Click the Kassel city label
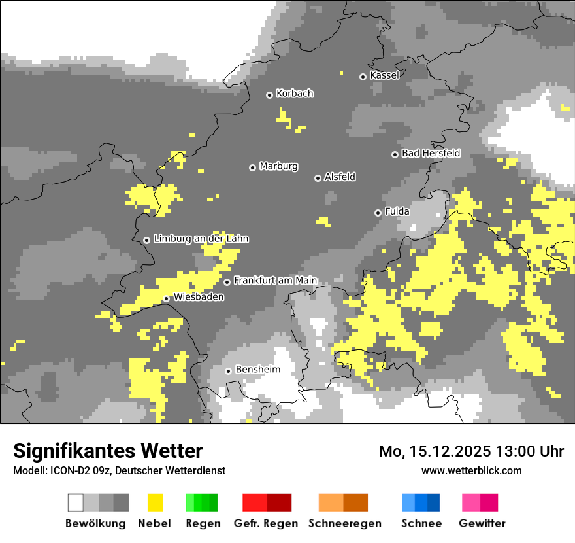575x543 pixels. [x=384, y=75]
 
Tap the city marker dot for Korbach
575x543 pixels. [x=269, y=95]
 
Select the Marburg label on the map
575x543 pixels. [x=278, y=166]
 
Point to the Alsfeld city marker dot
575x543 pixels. [x=318, y=178]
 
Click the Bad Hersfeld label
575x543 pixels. [x=431, y=153]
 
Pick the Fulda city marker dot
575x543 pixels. [x=378, y=213]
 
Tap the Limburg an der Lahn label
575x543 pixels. [x=201, y=239]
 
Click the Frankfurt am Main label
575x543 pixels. [x=275, y=281]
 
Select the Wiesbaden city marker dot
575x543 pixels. [x=166, y=299]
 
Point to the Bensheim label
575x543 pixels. [x=257, y=370]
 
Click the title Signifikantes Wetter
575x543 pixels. [x=108, y=451]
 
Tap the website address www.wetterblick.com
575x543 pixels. [x=471, y=470]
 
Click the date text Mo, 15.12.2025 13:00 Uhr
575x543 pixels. [x=471, y=451]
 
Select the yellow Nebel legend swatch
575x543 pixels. [x=155, y=502]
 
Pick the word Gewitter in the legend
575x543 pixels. [x=482, y=523]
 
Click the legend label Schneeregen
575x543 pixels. [x=345, y=523]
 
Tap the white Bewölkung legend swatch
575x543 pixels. [x=76, y=502]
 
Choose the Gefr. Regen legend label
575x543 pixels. [x=266, y=523]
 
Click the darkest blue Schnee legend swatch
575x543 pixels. [x=433, y=502]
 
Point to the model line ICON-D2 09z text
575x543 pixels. [x=119, y=471]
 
